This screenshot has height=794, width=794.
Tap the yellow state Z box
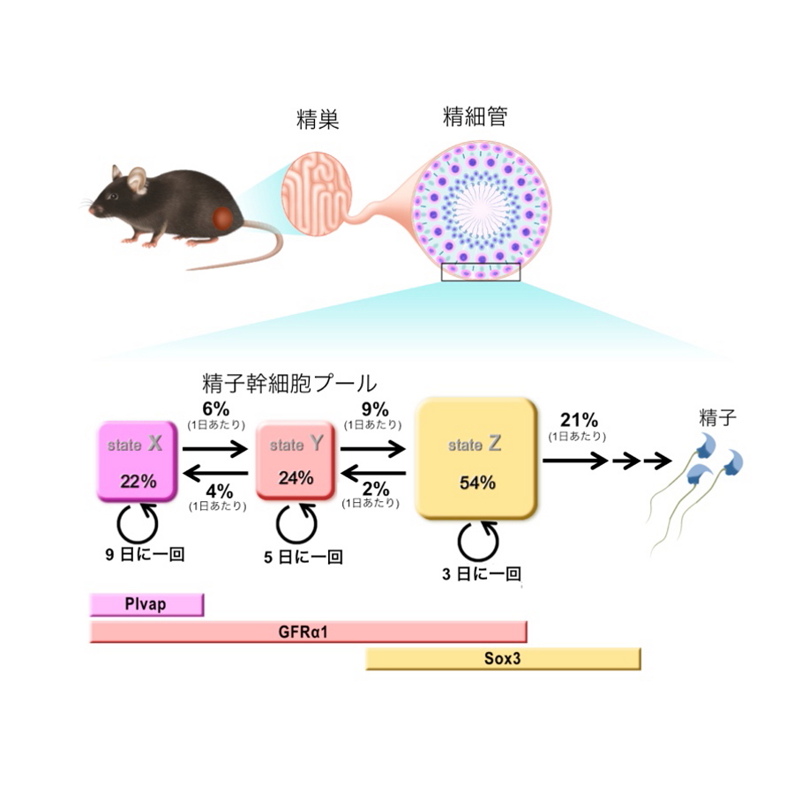point(476,460)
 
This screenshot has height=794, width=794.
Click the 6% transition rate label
point(215,411)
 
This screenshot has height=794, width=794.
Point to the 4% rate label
point(217,491)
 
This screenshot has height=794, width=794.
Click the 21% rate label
point(579,421)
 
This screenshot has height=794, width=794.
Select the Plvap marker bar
point(146,604)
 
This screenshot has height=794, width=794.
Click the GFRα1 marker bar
point(308,632)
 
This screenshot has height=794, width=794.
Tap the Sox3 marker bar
point(503,658)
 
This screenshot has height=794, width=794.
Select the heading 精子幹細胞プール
point(289,383)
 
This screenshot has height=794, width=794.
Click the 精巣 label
point(318,121)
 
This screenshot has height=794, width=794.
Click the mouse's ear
point(138,181)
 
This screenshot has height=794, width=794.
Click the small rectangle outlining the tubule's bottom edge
point(481,272)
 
